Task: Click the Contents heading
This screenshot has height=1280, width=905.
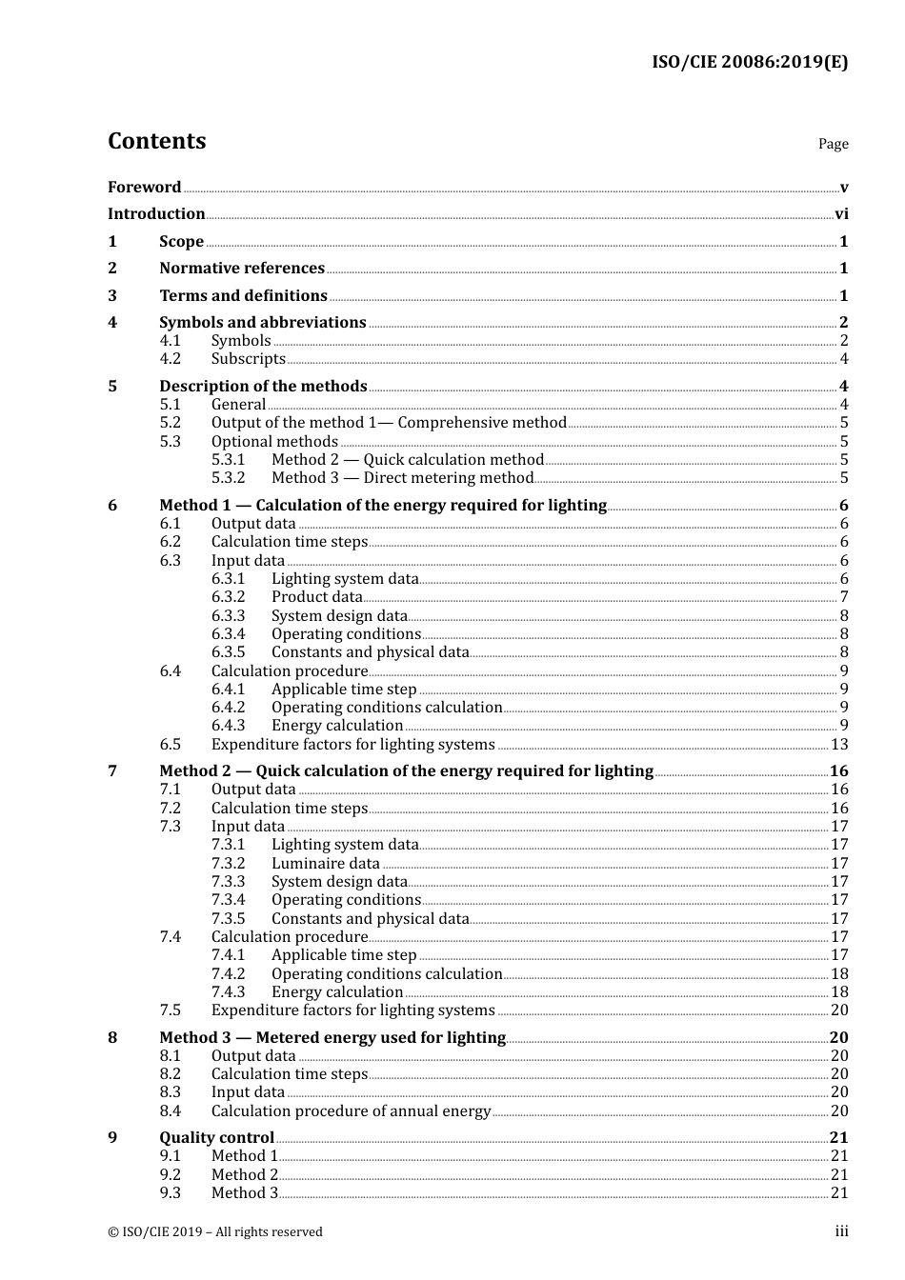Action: click(156, 141)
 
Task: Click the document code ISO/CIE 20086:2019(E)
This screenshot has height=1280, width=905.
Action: click(750, 62)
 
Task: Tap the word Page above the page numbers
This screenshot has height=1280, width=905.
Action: click(833, 144)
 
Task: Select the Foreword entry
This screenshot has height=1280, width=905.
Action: click(144, 187)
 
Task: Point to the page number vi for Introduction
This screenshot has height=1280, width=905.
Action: click(841, 214)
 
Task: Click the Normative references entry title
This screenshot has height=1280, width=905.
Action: click(242, 269)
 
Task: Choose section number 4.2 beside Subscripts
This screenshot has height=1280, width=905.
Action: click(170, 359)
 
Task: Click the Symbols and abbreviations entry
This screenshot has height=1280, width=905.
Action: click(262, 323)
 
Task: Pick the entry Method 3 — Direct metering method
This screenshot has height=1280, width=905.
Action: click(402, 478)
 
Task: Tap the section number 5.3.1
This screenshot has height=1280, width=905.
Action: click(228, 460)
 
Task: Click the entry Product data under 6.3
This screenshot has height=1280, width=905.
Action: click(316, 597)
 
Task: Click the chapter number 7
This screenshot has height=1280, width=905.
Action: click(112, 771)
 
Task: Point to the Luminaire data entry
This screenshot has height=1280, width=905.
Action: click(325, 864)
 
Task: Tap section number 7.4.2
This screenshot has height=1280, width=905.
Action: click(228, 974)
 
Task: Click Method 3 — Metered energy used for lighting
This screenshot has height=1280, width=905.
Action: click(332, 1037)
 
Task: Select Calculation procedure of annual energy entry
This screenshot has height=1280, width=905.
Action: click(351, 1111)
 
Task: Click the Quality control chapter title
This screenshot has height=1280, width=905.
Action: click(216, 1138)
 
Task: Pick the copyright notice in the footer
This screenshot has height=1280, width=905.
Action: click(215, 1232)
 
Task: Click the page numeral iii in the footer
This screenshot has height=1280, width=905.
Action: click(841, 1231)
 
